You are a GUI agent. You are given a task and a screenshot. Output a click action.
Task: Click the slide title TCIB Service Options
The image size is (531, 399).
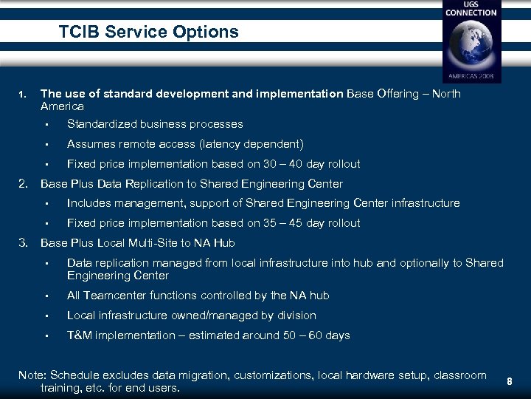149,32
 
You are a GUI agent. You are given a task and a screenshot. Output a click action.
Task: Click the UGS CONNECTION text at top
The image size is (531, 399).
471,9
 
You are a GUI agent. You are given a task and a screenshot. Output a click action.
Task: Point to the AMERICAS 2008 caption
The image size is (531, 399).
471,75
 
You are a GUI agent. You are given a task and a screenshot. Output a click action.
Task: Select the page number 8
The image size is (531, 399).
509,381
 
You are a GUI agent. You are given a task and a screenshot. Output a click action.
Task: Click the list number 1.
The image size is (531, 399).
23,95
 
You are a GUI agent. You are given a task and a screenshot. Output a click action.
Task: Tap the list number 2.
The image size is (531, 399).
24,183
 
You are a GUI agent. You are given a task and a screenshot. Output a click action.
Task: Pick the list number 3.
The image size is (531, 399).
24,242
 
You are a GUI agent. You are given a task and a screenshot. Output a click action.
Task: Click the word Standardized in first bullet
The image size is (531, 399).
100,124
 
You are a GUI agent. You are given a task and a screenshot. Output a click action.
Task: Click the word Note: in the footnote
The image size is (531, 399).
33,375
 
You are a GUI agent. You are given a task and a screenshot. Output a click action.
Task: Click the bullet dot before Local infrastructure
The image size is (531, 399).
46,316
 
